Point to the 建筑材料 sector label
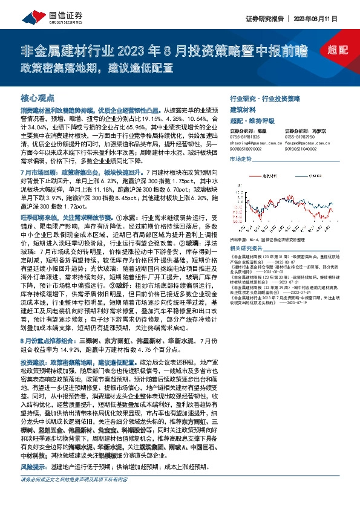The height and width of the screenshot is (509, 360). (244, 109)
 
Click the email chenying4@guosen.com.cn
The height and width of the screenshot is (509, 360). (257, 142)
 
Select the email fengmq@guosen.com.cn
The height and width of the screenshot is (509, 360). (311, 142)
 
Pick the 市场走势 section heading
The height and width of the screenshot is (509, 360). (240, 159)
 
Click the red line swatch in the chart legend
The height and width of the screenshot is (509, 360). (255, 176)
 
